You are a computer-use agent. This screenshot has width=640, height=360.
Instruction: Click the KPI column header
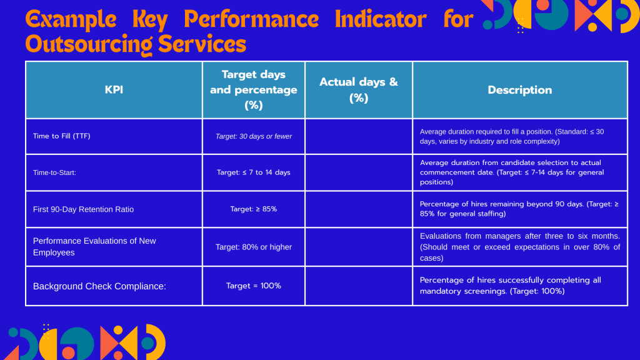[114, 90]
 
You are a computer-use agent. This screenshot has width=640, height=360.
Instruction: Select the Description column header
[519, 90]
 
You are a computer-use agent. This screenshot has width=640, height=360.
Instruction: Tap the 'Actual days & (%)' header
[359, 90]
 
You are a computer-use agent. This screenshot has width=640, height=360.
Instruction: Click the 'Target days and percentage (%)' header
[254, 90]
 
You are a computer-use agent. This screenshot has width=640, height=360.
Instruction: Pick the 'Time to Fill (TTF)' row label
[62, 136]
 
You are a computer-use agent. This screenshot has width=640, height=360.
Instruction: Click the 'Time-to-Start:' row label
[54, 172]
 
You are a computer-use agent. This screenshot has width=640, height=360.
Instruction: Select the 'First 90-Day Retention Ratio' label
[83, 209]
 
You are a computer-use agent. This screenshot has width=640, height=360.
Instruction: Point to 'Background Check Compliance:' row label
[99, 286]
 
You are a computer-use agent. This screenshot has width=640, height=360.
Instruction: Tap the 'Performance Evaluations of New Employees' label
[94, 246]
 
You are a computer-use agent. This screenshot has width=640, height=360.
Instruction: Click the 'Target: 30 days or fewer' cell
[254, 136]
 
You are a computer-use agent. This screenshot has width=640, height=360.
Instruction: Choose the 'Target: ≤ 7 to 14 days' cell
[254, 172]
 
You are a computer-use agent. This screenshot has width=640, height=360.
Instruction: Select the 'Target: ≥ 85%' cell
[254, 209]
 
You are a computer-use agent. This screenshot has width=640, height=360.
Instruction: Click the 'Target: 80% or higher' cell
[254, 247]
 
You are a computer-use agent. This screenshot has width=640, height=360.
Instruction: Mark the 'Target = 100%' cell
[254, 286]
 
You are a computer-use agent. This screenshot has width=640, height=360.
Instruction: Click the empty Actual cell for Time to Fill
[359, 136]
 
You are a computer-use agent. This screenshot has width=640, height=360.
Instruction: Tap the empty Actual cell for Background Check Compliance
[359, 286]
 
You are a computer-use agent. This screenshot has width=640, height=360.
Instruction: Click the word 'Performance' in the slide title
[251, 19]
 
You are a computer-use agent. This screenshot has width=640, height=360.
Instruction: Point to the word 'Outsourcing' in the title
[89, 44]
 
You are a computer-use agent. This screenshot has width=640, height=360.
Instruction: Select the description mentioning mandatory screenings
[510, 286]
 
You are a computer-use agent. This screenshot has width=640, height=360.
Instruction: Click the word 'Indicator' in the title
[381, 19]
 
